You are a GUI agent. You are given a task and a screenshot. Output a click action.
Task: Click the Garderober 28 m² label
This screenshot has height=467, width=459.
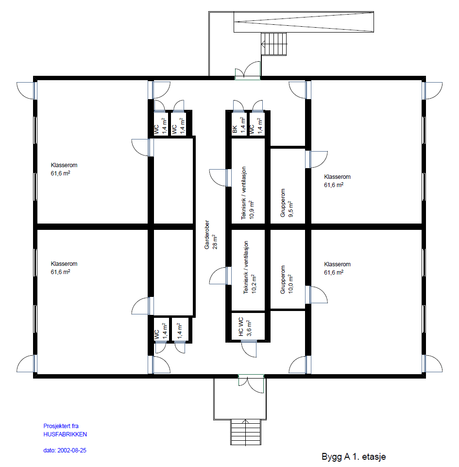[211, 235]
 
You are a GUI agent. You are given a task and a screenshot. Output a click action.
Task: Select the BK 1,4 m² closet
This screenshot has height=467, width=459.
[239, 124]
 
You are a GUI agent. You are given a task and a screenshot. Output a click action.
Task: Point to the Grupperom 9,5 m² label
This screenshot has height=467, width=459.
[287, 203]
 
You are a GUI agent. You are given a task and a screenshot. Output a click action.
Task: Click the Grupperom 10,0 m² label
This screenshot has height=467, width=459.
[287, 279]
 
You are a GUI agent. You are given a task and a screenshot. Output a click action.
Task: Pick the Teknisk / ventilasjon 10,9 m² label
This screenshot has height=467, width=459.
[248, 193]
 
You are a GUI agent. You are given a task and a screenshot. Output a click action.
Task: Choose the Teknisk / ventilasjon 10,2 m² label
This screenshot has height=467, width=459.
[250, 267]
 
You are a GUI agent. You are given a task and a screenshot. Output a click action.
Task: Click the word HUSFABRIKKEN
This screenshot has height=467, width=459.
[65, 434]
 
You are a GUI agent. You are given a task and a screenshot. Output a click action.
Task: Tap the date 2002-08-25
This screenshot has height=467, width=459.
[72, 450]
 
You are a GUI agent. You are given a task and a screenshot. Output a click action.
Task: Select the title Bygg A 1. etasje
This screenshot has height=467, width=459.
[354, 457]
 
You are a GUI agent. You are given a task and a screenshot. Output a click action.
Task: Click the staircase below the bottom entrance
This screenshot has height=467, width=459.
[246, 432]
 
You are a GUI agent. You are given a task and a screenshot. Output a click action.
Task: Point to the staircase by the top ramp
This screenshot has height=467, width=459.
[274, 44]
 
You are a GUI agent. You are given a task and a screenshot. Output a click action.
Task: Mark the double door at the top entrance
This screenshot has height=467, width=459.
[248, 71]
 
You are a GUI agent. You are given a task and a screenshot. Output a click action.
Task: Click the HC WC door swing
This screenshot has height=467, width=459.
[249, 349]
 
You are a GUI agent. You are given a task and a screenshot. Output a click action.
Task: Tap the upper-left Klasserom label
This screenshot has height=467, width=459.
[64, 169]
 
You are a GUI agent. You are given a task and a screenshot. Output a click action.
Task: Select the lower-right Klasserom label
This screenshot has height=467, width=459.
[337, 268]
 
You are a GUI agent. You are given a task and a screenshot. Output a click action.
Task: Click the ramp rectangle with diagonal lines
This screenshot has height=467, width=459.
[304, 22]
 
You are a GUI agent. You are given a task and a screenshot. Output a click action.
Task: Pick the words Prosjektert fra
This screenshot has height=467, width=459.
[61, 426]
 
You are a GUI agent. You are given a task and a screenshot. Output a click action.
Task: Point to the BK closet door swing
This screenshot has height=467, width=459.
[238, 106]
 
